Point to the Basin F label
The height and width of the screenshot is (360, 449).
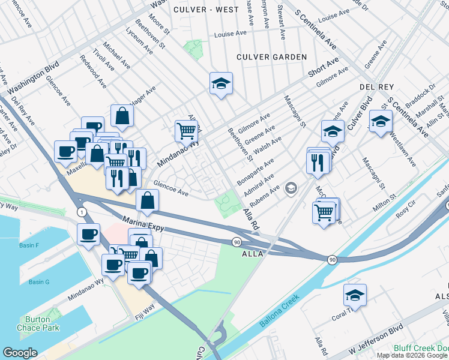pos(29,246)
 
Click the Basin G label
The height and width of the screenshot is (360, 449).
pos(38,282)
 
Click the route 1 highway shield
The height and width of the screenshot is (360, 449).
pos(81,212)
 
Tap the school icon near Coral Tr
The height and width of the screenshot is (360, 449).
pos(355,295)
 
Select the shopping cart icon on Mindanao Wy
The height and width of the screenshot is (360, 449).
pos(187,130)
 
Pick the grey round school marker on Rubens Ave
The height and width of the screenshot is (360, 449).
pos(291,189)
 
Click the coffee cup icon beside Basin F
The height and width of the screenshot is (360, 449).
pos(88,235)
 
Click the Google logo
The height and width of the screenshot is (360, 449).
pos(20,352)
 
